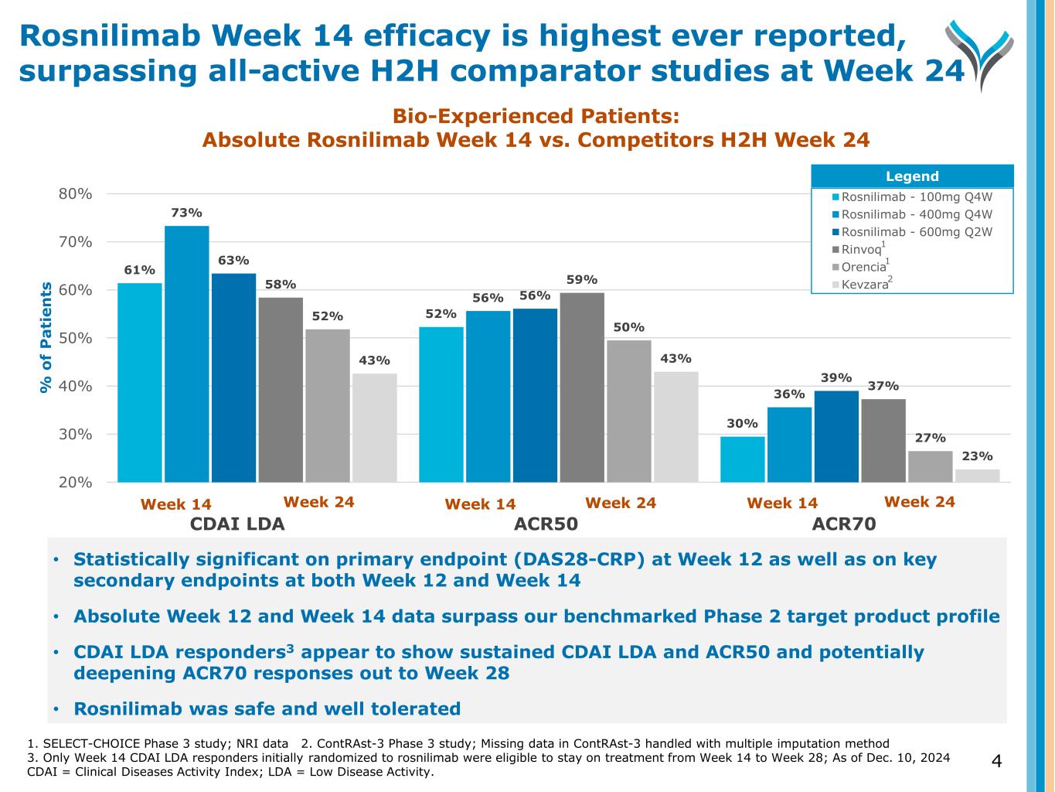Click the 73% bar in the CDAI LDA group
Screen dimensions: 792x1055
187,353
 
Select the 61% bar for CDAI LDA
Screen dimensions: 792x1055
140,382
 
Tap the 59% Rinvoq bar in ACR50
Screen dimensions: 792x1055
582,387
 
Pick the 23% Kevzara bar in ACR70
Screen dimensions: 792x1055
977,475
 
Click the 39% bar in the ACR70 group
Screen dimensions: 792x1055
836,436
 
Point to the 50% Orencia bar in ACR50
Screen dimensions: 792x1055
629,411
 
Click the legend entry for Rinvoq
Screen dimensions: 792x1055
861,250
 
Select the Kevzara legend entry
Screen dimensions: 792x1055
864,285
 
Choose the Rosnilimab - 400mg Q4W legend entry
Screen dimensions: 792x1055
916,214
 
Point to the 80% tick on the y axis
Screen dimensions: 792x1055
76,194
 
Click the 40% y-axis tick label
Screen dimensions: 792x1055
76,386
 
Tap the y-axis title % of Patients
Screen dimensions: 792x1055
46,337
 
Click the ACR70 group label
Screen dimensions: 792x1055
844,524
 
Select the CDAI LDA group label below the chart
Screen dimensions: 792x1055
237,524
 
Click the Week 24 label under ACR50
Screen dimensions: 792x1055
621,504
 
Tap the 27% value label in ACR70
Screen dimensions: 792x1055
930,438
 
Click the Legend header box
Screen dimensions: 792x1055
912,176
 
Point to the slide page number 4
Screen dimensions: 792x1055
996,762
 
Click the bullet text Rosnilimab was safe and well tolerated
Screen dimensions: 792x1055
267,708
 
